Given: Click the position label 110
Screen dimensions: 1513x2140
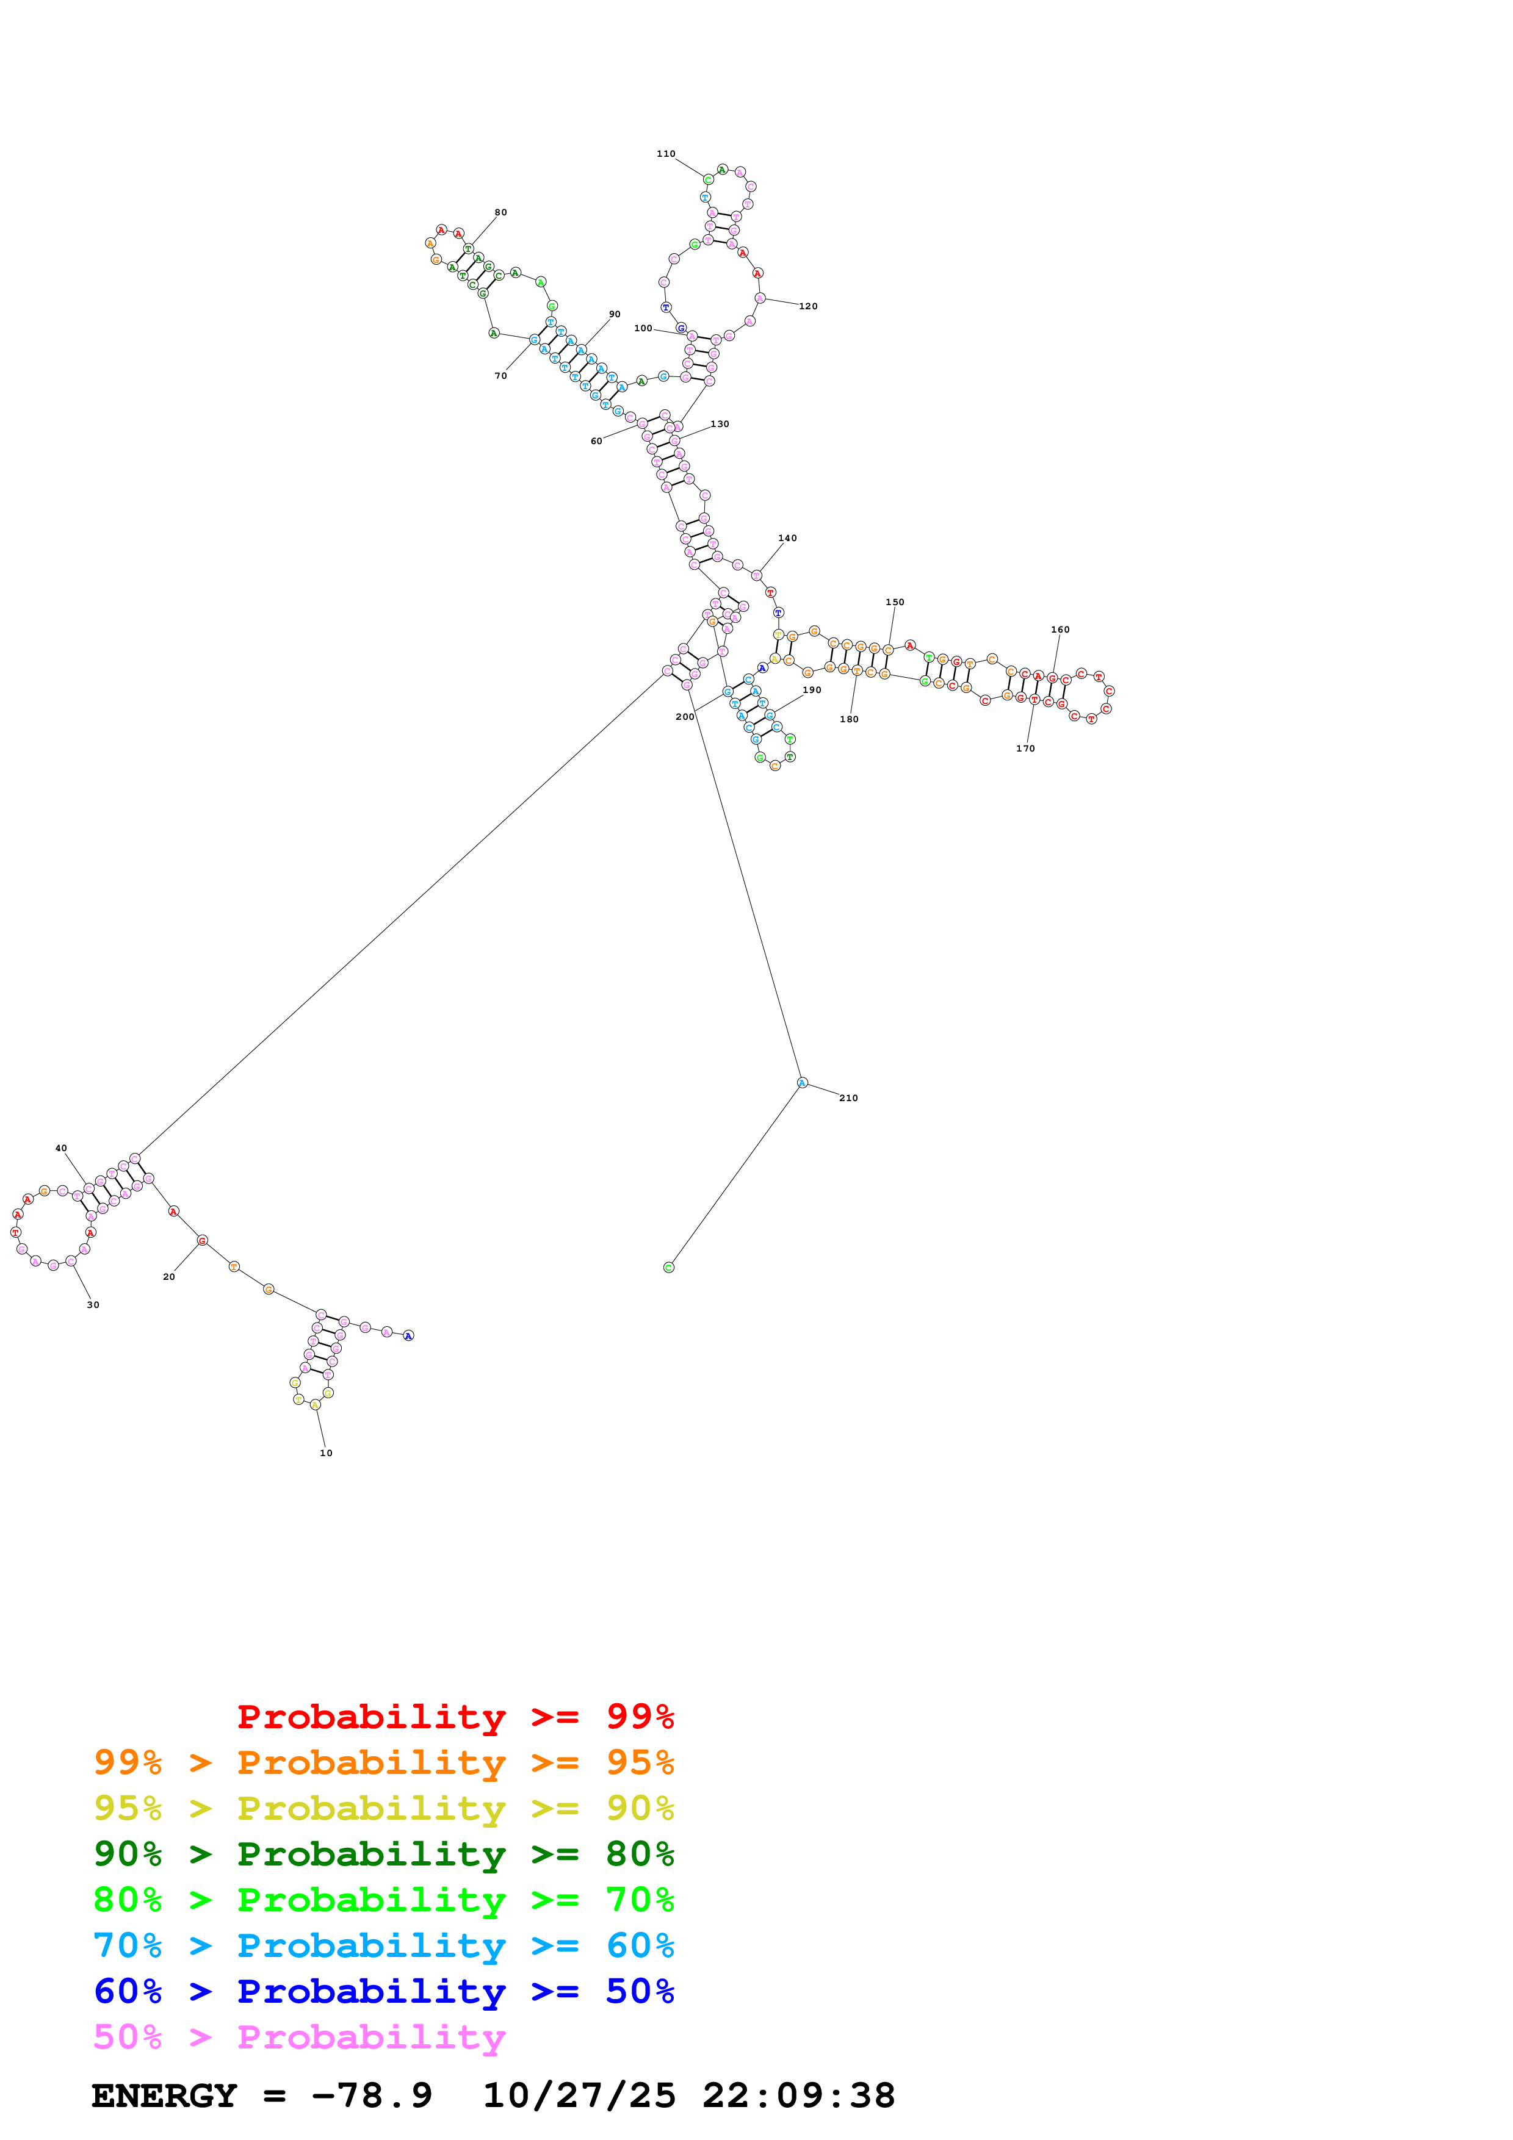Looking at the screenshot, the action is tap(666, 154).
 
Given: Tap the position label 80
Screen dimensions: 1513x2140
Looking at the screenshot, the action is tap(500, 212).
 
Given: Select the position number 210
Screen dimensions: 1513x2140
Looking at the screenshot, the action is tap(848, 1098).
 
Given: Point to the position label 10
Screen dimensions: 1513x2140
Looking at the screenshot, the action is tap(327, 1453).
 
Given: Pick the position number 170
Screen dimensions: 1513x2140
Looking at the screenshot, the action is tap(1025, 749).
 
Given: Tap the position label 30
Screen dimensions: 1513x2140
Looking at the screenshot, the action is tap(93, 1305).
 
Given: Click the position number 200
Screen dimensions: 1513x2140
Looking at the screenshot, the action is tap(685, 717).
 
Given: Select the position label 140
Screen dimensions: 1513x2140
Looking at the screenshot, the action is tap(788, 538).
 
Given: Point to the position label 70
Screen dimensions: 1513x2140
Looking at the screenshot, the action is tap(500, 376).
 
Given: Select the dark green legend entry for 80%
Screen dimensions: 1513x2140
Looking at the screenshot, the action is tap(383, 1854).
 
